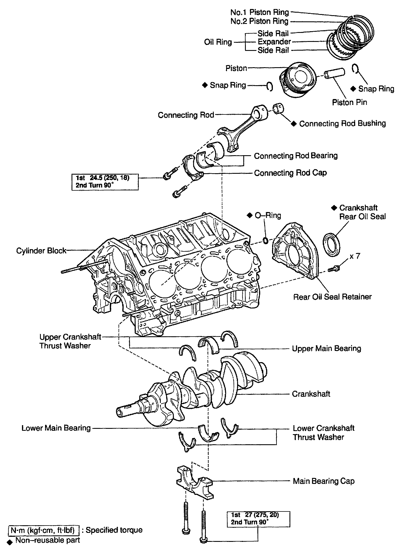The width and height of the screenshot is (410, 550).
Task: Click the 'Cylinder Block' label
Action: (x=41, y=251)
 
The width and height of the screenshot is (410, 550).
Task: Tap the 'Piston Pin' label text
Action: (x=349, y=102)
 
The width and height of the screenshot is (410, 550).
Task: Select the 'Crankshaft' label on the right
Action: (x=311, y=394)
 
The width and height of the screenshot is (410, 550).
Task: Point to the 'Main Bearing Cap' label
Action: (x=324, y=481)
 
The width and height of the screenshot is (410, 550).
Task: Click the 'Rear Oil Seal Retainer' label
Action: (x=332, y=297)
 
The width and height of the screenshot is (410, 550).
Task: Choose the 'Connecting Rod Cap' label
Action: (x=290, y=173)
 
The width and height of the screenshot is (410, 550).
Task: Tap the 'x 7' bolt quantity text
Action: (x=355, y=256)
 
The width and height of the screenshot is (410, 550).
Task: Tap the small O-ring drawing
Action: (x=265, y=240)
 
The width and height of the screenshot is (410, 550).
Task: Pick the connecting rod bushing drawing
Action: (x=278, y=109)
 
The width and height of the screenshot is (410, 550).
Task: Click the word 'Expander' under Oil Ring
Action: (x=274, y=42)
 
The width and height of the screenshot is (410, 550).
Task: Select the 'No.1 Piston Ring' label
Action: (x=259, y=12)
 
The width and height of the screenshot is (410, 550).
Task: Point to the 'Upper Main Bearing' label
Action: (x=326, y=348)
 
